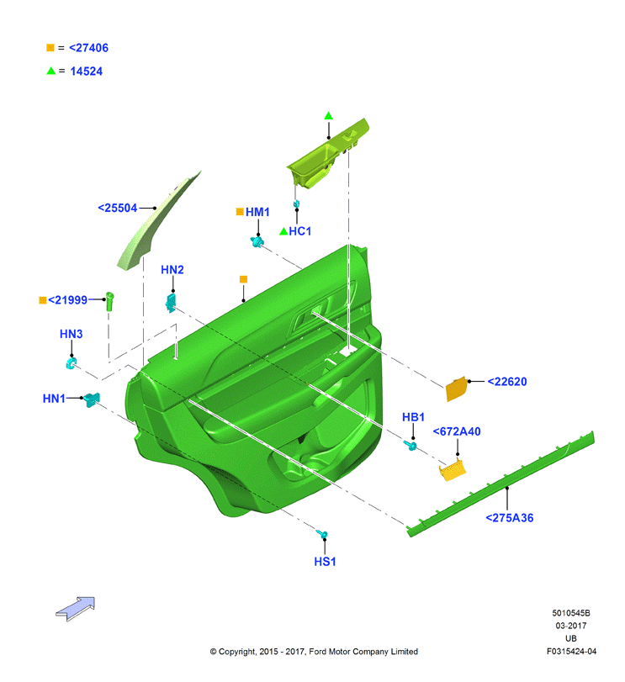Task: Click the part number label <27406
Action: click(x=88, y=48)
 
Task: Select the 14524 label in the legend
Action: click(x=87, y=71)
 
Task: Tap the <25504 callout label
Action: click(x=118, y=208)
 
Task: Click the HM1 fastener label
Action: click(x=257, y=212)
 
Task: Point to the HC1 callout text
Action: click(x=300, y=231)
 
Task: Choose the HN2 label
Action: click(x=172, y=270)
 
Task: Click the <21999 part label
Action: click(x=67, y=300)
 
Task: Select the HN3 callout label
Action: click(x=71, y=334)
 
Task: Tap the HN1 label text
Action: click(x=54, y=399)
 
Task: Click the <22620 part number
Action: click(x=507, y=382)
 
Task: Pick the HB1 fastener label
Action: click(x=413, y=417)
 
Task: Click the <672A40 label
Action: click(x=457, y=431)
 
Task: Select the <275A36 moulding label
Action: click(x=509, y=517)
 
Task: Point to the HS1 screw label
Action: click(x=325, y=562)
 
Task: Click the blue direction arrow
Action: click(x=76, y=608)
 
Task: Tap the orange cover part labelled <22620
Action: click(x=457, y=389)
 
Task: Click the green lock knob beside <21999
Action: click(x=110, y=301)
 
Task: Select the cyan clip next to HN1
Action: click(x=93, y=399)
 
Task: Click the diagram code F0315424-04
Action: click(x=571, y=651)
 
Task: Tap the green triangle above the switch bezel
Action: click(x=328, y=116)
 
